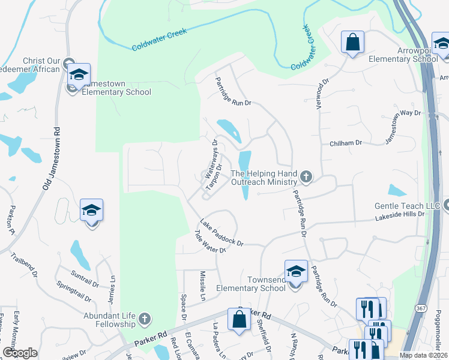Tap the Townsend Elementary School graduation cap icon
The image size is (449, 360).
point(296,271)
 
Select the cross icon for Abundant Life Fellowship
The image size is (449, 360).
point(145,319)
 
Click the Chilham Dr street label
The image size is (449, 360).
point(346,143)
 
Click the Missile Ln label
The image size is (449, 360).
point(202,286)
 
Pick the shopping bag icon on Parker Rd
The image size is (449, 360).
point(239,320)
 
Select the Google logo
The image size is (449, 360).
point(20,352)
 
